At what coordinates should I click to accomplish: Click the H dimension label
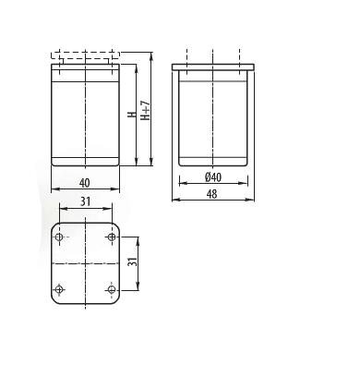[132, 115]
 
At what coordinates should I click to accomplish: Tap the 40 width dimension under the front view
[85, 183]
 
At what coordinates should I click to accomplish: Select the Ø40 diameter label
[213, 177]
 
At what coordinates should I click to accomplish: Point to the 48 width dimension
[211, 194]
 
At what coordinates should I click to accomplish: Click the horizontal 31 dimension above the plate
[85, 201]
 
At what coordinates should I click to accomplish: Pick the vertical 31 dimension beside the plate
[132, 262]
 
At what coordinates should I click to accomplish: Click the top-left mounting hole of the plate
[59, 237]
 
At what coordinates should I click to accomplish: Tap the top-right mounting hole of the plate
[112, 237]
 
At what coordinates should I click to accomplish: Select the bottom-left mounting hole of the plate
[59, 289]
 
